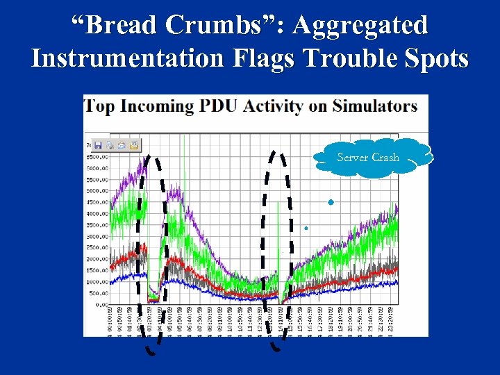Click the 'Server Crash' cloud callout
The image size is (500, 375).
click(x=368, y=158)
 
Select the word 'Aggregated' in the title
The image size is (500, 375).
click(x=360, y=26)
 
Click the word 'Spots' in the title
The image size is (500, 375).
click(x=437, y=58)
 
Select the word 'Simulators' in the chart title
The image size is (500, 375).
click(x=374, y=107)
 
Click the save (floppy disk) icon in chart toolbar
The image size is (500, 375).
click(x=98, y=145)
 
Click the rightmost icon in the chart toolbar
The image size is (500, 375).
click(x=133, y=145)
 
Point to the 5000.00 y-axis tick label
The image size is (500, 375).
click(x=97, y=190)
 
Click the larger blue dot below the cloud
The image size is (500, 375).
click(x=331, y=202)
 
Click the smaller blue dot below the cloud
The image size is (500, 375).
click(x=306, y=228)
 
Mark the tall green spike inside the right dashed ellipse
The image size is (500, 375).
click(x=278, y=236)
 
